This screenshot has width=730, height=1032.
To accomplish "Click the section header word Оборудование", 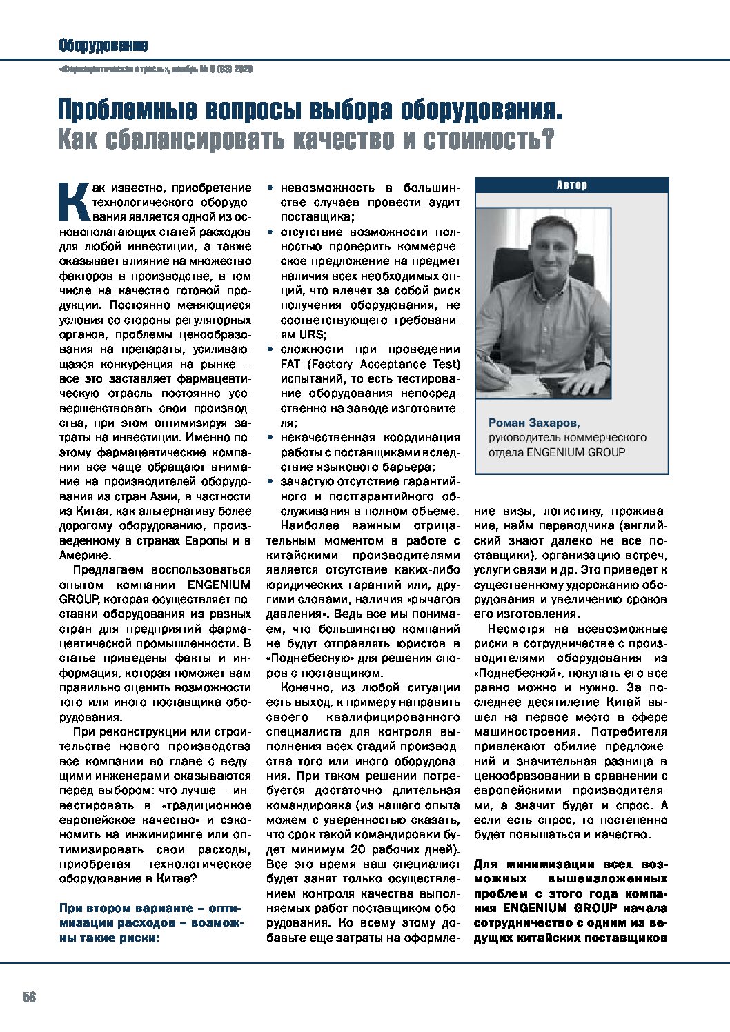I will point(103,46).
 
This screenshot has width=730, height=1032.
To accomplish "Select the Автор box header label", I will point(571,185).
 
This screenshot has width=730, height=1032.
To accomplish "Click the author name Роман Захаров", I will point(534,423).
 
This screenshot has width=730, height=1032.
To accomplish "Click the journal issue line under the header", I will point(156,69).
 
